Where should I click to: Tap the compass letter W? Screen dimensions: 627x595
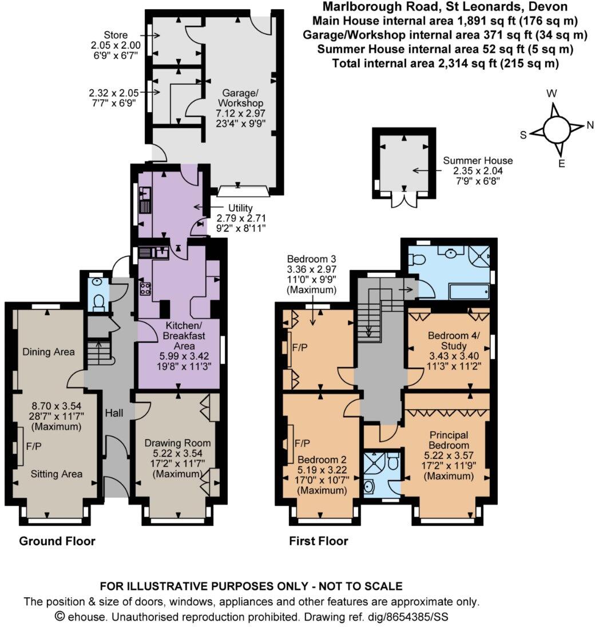pos(553,93)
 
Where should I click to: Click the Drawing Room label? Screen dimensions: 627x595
pos(177,443)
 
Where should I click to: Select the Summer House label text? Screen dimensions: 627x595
pos(478,161)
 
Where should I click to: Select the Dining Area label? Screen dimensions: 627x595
pos(49,352)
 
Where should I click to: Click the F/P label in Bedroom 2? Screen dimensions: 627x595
pos(303,443)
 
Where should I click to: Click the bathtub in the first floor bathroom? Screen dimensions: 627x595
pos(469,292)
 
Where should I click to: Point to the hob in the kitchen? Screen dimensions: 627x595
pos(145,289)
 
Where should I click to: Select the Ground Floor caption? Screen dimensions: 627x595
pos(57,541)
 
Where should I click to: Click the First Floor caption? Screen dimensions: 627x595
pos(319,541)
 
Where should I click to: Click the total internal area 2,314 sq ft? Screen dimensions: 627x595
pos(445,64)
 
